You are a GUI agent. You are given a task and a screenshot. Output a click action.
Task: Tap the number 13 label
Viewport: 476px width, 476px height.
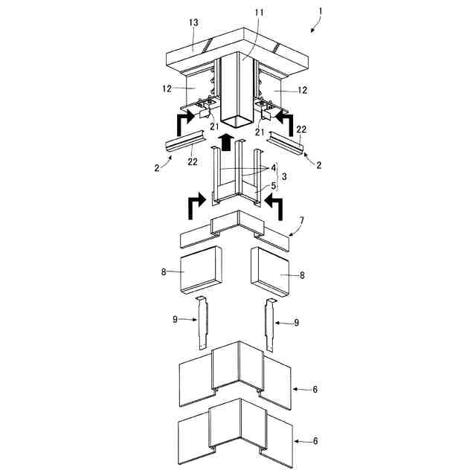pos(193,24)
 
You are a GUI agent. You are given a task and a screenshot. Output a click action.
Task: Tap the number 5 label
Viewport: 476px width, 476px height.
pos(272,185)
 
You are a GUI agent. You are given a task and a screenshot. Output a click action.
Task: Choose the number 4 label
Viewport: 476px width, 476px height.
pos(274,168)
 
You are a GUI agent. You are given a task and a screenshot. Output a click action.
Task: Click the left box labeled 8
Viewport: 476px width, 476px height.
pos(200,273)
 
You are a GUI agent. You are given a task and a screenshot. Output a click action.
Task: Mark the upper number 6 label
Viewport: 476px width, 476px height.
pos(315,388)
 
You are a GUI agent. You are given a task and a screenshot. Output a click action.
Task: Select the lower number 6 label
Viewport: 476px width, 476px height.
pos(315,440)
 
